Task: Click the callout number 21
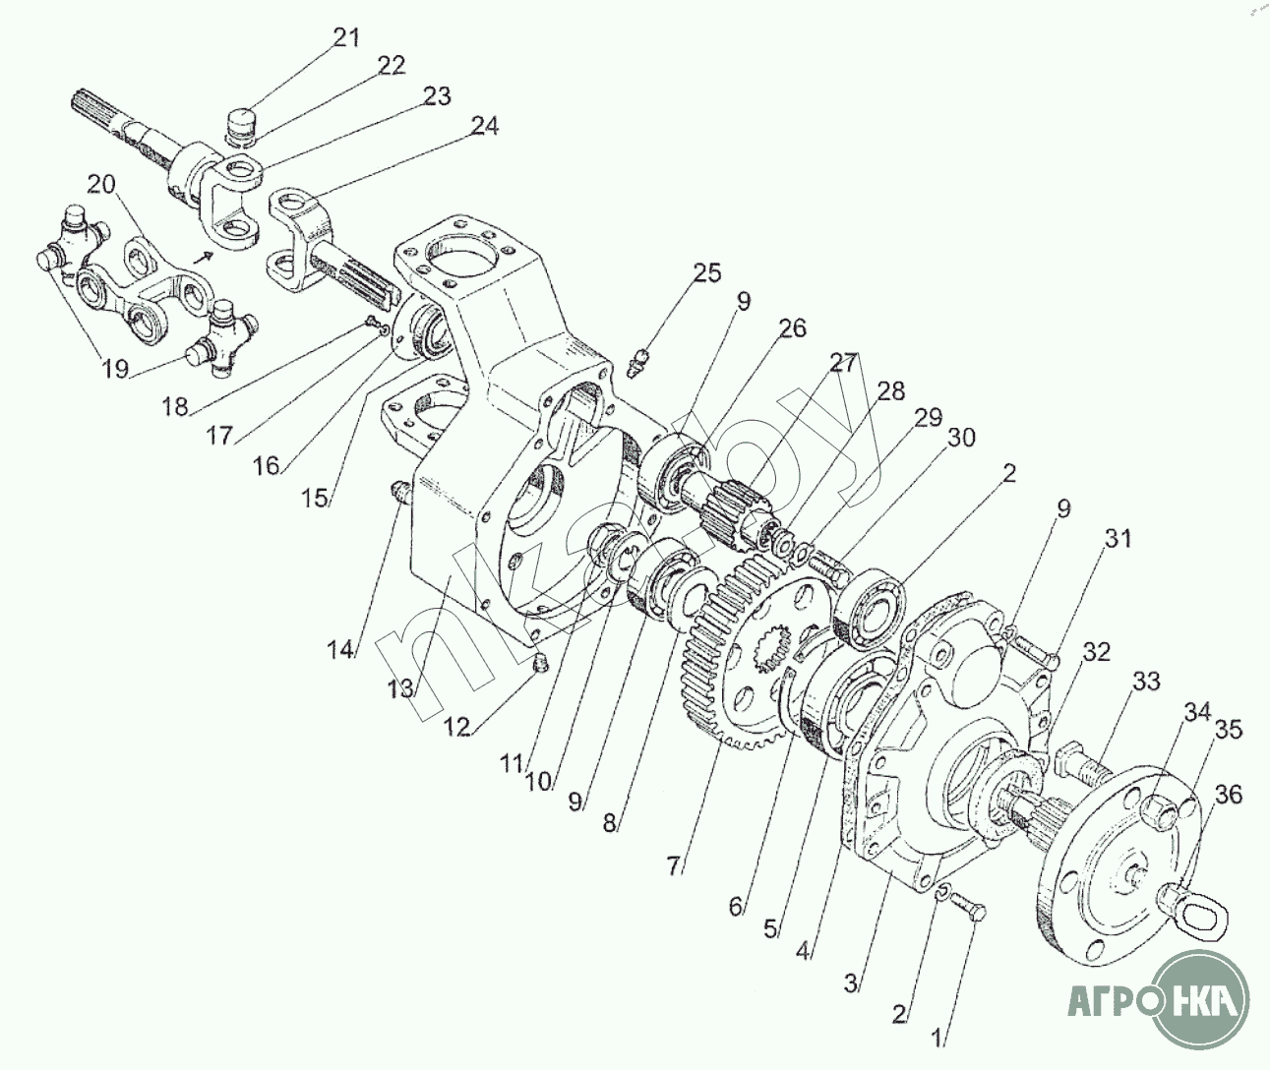tap(346, 38)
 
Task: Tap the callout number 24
tap(485, 127)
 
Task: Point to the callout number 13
tap(400, 689)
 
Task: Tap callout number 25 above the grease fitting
tap(706, 273)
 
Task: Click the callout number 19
tap(115, 368)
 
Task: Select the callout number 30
tap(961, 437)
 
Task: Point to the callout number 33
tap(1146, 682)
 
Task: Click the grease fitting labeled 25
tap(639, 362)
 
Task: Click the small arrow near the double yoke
tap(204, 257)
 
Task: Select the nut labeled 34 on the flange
tap(1158, 812)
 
